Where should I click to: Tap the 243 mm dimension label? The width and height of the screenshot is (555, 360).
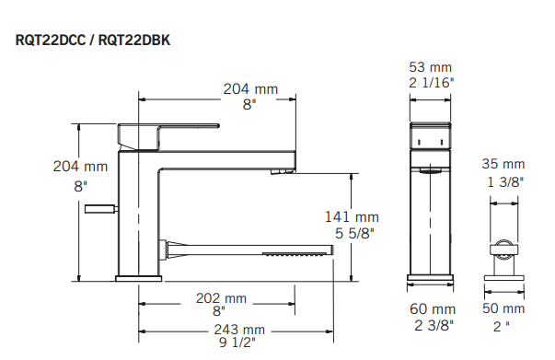coord(241,330)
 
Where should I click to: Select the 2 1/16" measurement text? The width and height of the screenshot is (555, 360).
coord(432,82)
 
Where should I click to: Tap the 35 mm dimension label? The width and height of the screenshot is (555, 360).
coord(503,165)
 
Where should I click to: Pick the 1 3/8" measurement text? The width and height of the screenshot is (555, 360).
coord(503,182)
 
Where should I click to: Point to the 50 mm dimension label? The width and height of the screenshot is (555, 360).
coord(503,309)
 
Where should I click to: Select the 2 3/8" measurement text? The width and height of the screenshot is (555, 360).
coord(432,325)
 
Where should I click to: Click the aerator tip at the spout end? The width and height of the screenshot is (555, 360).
coord(283,170)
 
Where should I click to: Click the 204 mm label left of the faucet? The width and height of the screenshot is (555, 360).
coord(79,168)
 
